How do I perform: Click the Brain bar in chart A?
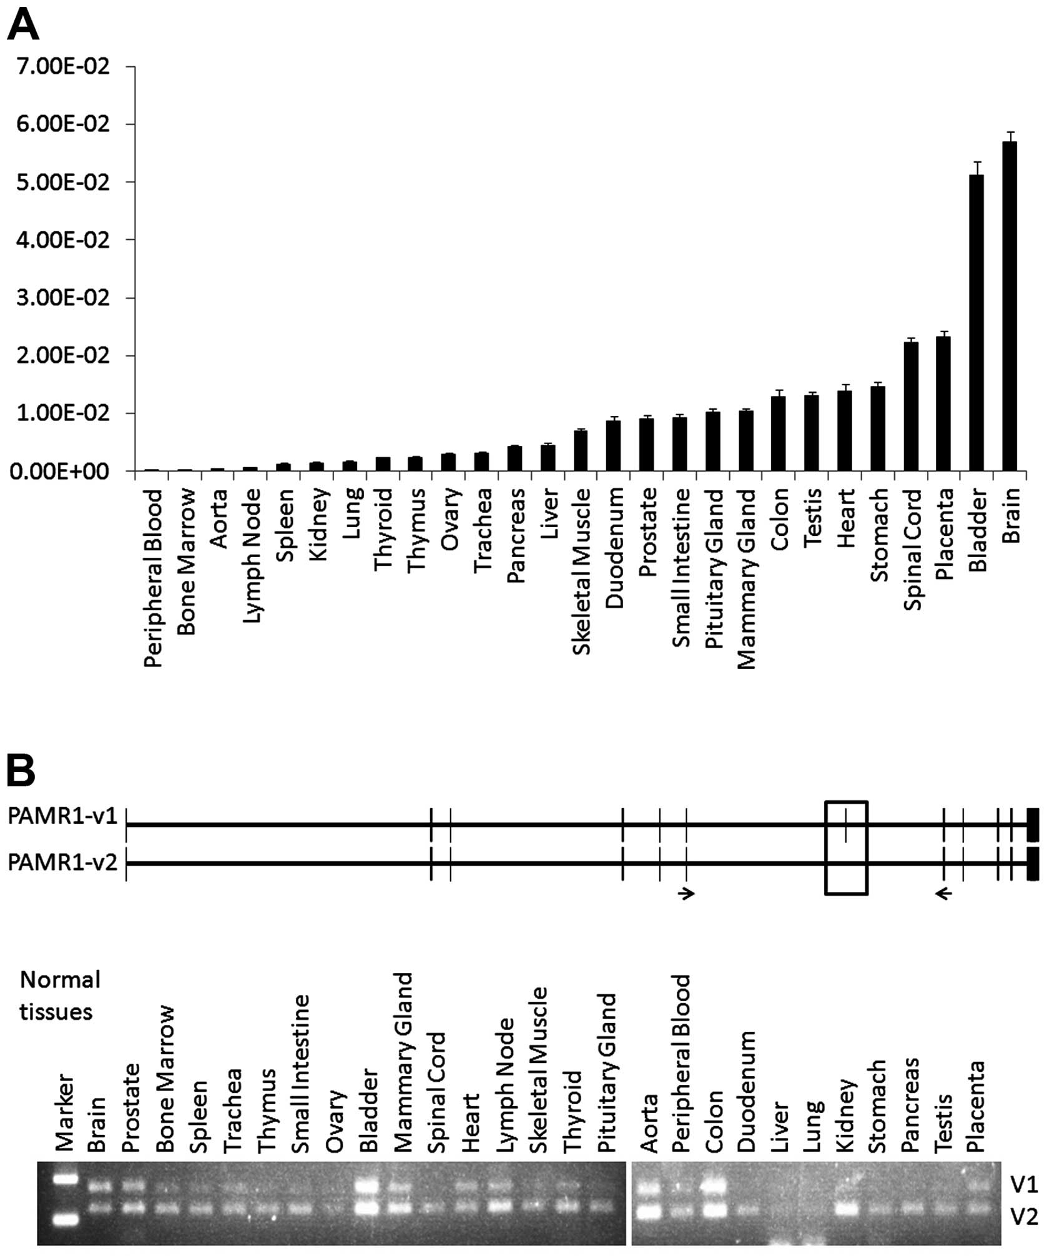point(1010,306)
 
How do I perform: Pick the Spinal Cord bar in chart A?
point(910,406)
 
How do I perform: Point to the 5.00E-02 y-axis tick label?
point(59,182)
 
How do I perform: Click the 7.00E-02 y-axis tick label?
point(59,66)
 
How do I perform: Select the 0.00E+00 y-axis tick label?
point(59,472)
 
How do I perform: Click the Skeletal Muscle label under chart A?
point(581,571)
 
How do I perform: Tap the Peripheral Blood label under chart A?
point(152,578)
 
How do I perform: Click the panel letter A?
point(22,26)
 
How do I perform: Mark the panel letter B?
point(21,772)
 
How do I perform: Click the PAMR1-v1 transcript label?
point(62,816)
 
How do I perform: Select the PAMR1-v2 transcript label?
point(62,864)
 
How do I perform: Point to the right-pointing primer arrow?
point(687,894)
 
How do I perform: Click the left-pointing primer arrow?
point(943,894)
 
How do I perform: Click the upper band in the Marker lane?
point(66,1179)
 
